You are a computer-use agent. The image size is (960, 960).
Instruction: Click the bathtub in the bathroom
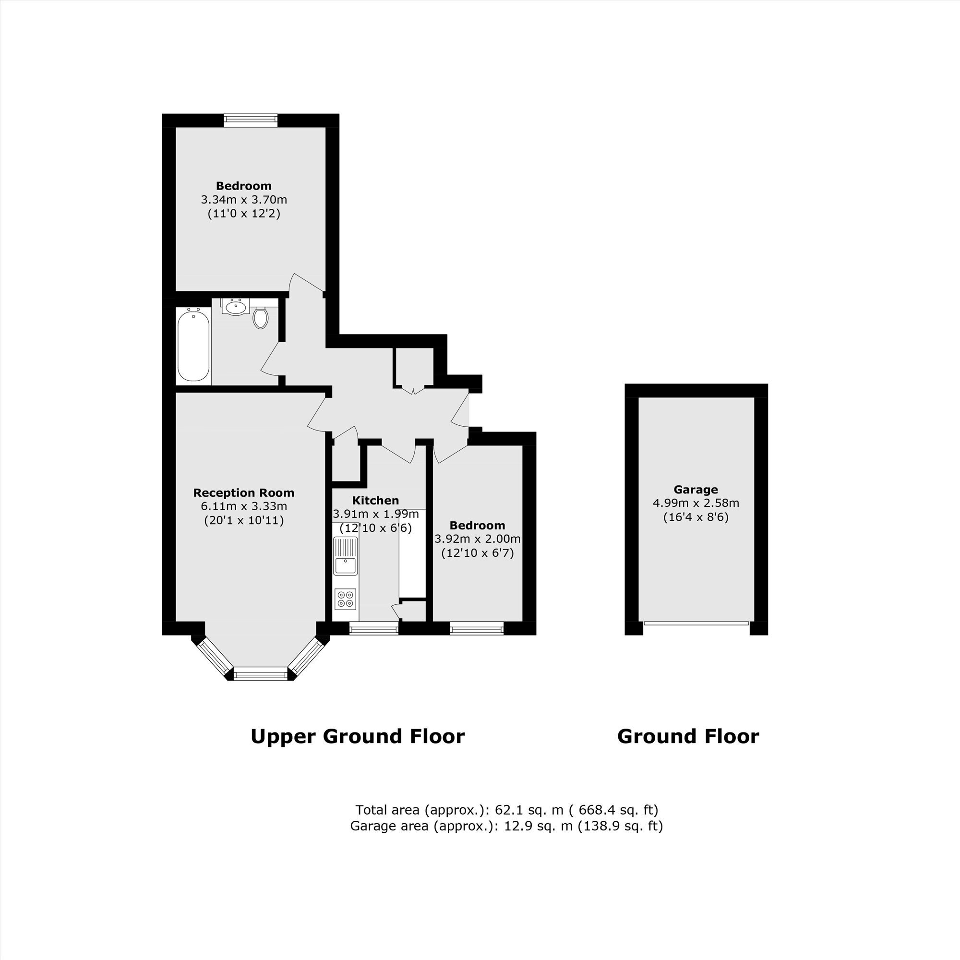click(x=193, y=345)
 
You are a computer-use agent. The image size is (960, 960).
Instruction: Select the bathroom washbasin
click(x=236, y=307)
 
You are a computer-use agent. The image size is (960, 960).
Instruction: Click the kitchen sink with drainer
click(x=345, y=556)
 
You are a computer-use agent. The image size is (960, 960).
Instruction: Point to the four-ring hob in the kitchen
click(x=345, y=598)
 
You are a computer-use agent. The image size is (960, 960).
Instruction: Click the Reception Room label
click(x=243, y=493)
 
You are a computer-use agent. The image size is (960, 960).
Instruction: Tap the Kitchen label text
click(x=376, y=500)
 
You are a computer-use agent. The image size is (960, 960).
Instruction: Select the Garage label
click(x=696, y=490)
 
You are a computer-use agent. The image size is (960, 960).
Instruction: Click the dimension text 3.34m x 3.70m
click(x=244, y=200)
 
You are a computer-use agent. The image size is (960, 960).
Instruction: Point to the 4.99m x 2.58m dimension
click(x=696, y=503)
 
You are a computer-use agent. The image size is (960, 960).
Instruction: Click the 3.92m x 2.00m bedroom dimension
click(x=478, y=539)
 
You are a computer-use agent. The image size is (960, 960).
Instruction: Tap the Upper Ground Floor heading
click(x=357, y=736)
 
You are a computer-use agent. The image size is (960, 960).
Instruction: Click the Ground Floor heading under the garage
click(x=688, y=736)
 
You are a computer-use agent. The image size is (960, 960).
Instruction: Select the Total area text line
click(x=506, y=810)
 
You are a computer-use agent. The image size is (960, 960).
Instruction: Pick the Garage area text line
click(x=506, y=826)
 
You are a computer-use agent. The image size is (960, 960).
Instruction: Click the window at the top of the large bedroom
click(x=251, y=120)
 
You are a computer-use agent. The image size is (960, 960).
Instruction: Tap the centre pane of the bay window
click(x=261, y=674)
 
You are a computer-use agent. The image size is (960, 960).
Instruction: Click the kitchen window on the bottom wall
click(x=374, y=629)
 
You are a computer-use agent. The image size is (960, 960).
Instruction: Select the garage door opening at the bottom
click(x=696, y=623)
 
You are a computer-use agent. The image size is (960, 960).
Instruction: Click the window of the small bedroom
click(x=477, y=629)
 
